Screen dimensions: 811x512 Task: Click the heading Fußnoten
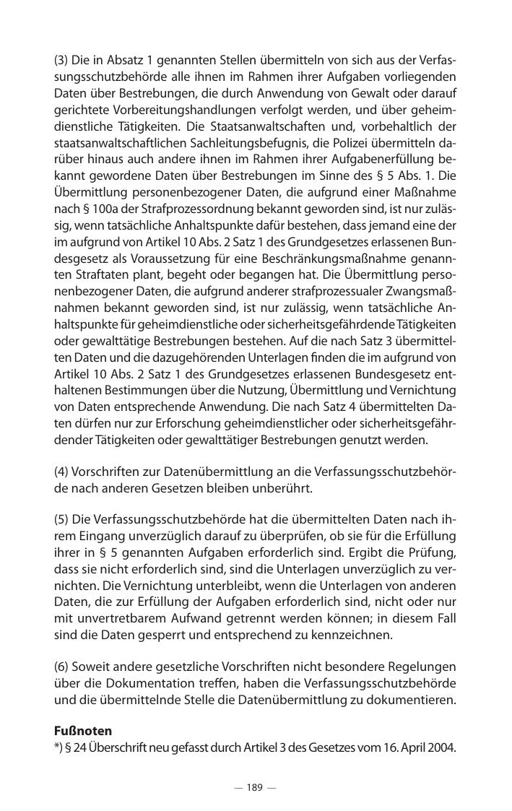point(83,731)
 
